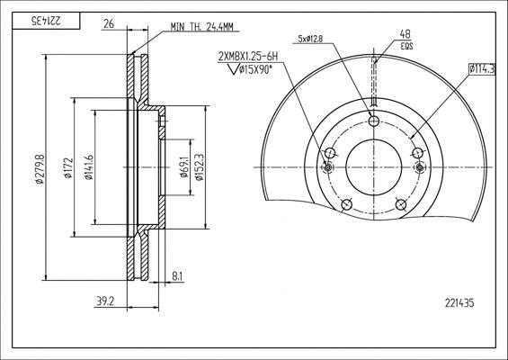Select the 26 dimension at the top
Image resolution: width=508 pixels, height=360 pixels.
point(110,23)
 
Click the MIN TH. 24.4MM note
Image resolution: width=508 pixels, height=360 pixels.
point(204,27)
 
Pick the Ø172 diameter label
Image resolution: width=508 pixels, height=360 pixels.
point(67,170)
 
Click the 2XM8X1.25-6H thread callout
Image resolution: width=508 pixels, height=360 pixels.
point(248,56)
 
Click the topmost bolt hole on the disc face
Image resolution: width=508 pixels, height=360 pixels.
point(374,121)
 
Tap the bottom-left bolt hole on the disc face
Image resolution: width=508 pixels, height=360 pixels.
point(345,206)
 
